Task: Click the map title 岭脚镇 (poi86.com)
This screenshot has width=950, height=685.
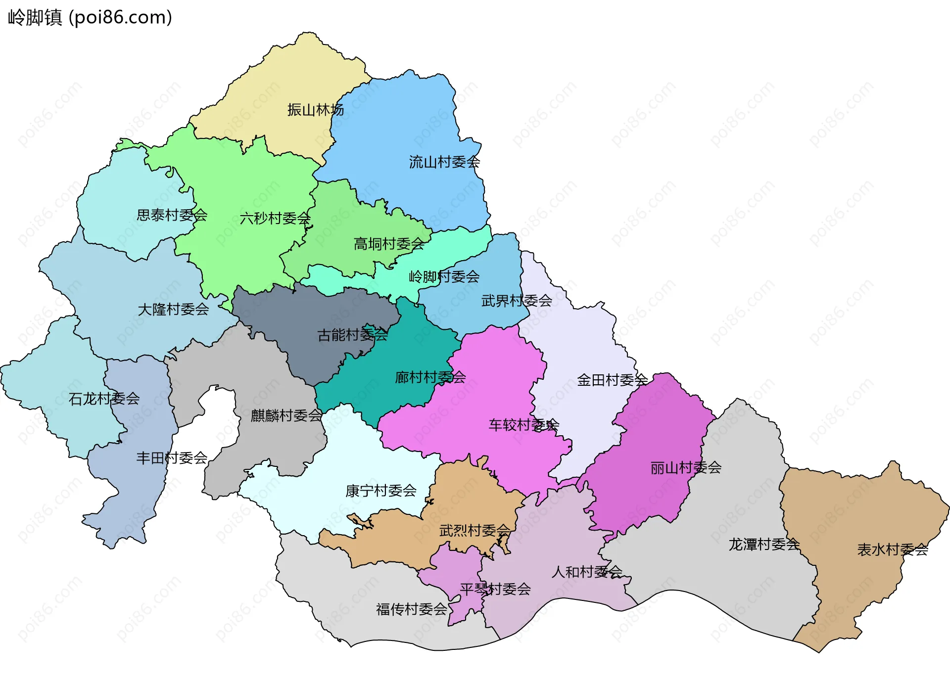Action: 90,17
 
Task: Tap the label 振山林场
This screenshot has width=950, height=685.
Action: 315,110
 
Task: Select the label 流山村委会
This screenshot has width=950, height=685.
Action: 444,162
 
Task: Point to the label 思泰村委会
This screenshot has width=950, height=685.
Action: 172,215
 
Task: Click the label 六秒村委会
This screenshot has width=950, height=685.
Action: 275,218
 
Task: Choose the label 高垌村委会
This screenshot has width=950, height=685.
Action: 389,244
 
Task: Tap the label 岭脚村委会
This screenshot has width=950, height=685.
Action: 444,276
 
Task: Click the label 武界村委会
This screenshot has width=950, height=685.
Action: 517,300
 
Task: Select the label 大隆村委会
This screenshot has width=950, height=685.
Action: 173,310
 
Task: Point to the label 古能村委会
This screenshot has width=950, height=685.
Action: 352,335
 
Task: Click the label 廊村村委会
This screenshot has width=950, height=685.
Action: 430,377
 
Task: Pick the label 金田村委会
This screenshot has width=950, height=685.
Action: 612,380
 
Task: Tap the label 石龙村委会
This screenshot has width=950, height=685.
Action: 104,399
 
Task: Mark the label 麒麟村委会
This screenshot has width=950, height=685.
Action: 286,415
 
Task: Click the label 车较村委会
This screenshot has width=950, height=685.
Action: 523,425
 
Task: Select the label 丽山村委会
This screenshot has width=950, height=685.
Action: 686,467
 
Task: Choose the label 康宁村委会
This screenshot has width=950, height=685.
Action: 380,491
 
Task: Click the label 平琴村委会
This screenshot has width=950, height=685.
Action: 495,589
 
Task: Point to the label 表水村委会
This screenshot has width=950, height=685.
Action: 892,549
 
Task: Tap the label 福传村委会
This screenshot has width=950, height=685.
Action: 411,609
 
